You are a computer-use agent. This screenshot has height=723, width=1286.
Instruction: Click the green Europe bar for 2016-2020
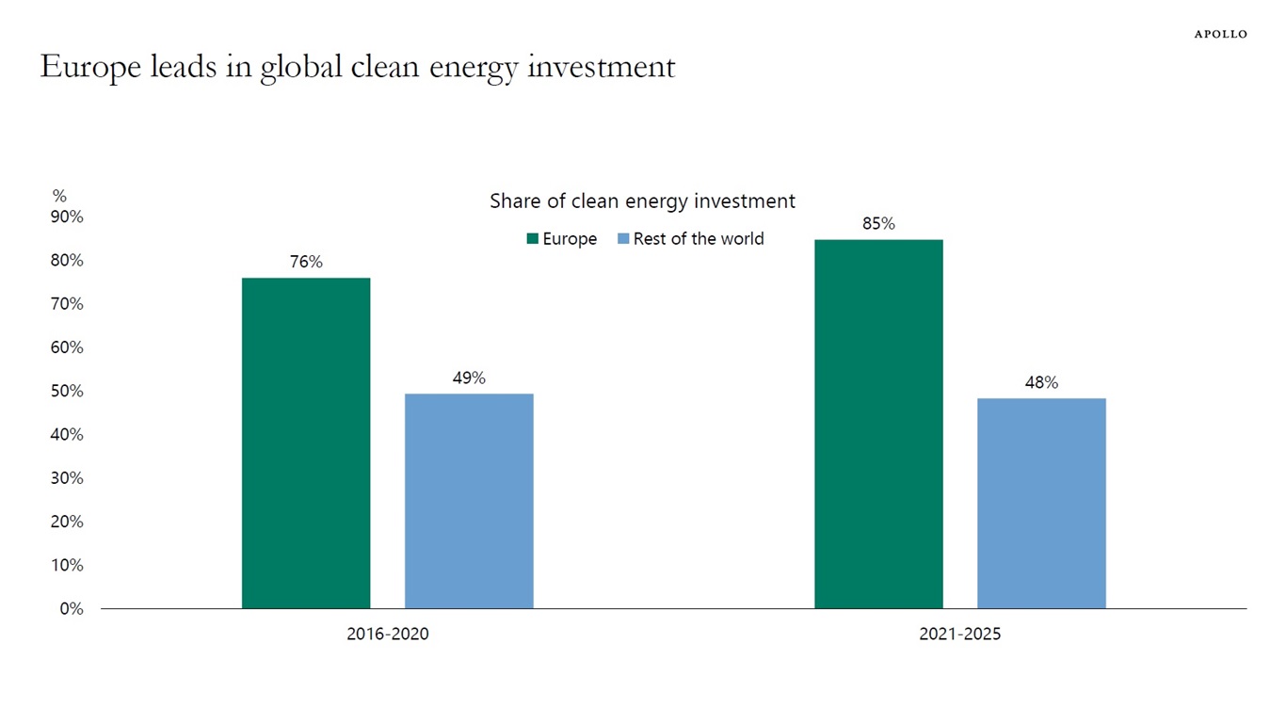306,442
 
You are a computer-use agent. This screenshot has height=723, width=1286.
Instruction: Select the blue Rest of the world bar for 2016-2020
469,501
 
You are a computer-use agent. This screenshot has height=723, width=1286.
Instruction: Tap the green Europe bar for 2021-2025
878,424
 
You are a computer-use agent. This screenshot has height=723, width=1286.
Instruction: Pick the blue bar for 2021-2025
1041,503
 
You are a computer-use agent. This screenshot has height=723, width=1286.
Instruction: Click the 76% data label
306,263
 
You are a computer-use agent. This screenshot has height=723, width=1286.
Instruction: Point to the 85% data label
878,224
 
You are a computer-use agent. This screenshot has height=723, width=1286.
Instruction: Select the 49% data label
469,378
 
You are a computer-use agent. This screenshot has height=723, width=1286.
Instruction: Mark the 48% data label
1041,383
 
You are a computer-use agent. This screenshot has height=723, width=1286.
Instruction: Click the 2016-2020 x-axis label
387,635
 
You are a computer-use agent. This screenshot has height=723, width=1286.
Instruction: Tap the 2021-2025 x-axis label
959,635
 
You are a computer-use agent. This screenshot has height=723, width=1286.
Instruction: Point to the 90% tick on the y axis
67,217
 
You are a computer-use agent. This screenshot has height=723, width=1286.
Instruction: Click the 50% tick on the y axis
67,391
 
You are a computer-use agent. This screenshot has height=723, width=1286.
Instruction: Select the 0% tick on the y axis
71,609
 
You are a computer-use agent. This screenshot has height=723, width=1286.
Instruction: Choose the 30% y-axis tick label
67,478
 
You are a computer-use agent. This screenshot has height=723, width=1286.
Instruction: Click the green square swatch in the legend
532,239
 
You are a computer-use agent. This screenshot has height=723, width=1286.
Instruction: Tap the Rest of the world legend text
699,239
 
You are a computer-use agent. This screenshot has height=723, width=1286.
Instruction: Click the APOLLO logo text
1220,34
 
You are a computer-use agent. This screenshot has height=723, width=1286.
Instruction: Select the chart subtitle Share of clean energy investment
642,201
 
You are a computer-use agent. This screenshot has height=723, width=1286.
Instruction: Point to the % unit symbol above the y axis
59,196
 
